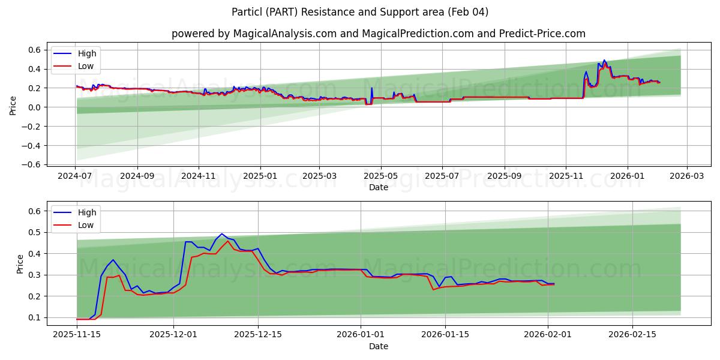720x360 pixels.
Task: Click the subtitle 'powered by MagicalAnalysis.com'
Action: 252,34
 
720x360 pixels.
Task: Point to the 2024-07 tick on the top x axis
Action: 76,176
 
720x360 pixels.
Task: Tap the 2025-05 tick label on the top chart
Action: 381,176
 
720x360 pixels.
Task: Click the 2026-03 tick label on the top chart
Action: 686,176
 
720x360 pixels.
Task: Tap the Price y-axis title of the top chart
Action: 13,106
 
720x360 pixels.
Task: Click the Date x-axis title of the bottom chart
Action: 378,346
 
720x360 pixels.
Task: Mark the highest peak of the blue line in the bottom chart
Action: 221,234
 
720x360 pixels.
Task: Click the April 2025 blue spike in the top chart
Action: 371,88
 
